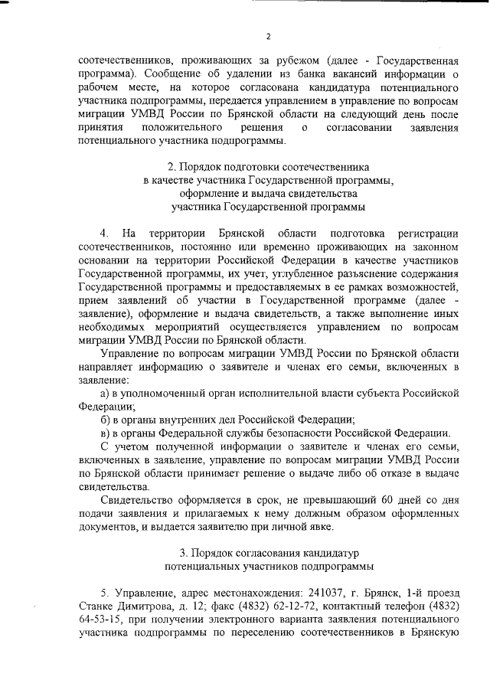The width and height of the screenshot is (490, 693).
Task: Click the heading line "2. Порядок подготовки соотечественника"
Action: click(268, 165)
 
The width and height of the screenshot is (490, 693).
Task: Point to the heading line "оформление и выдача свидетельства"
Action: click(268, 193)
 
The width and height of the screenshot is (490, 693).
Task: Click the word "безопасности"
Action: click(283, 434)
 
